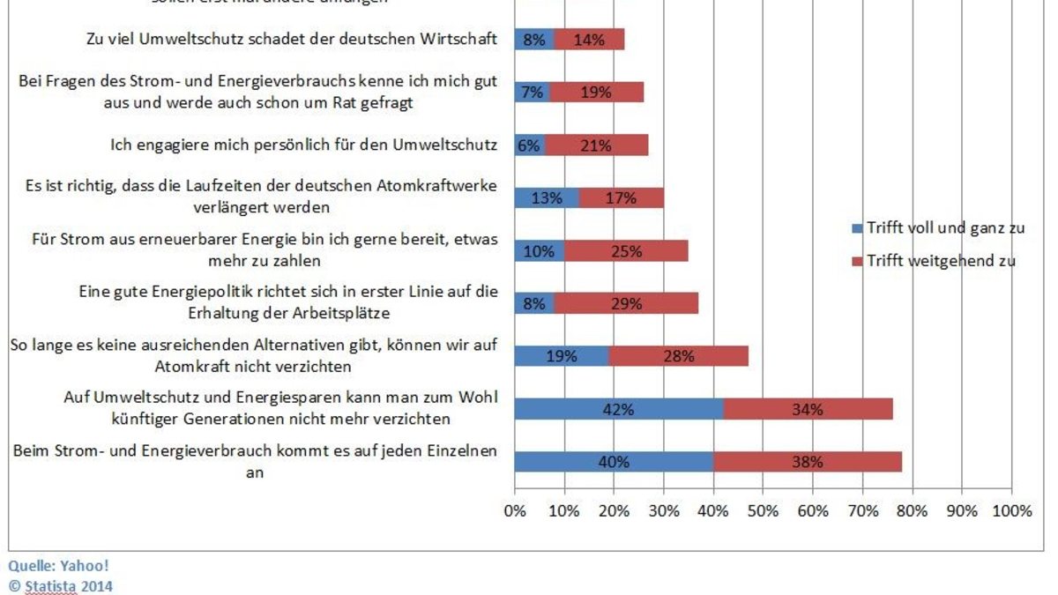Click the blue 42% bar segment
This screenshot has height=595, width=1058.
click(x=619, y=409)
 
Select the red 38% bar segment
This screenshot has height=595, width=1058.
click(x=808, y=462)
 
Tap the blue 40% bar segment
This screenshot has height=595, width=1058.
click(x=614, y=462)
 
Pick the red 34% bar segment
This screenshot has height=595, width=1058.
click(x=808, y=409)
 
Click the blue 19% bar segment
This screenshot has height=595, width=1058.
click(x=562, y=356)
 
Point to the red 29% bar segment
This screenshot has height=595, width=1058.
click(x=626, y=303)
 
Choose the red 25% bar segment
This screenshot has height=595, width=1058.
click(x=626, y=250)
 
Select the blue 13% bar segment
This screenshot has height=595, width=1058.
click(x=547, y=198)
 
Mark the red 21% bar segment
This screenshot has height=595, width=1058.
click(x=596, y=145)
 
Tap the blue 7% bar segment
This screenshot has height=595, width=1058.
click(x=532, y=92)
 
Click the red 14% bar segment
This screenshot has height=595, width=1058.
click(x=589, y=39)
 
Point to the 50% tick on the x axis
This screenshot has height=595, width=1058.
click(x=764, y=510)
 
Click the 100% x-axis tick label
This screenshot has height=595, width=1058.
click(x=1012, y=510)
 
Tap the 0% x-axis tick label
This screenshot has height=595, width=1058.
click(x=514, y=510)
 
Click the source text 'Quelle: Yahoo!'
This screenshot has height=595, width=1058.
click(x=58, y=565)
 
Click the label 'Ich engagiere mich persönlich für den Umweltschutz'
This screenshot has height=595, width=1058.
click(x=303, y=145)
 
